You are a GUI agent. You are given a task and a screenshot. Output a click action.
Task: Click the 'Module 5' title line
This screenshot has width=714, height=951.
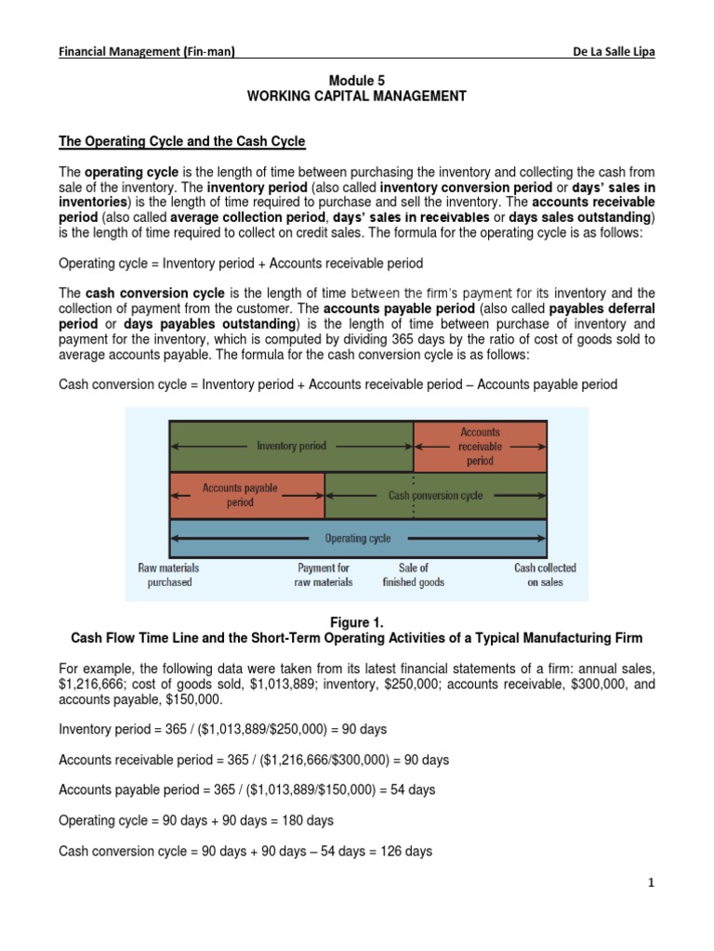[x=357, y=81]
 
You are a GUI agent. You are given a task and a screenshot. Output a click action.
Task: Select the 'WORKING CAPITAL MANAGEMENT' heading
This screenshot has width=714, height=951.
[x=357, y=96]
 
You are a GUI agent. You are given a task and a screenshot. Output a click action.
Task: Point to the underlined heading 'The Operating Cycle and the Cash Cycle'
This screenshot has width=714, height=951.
[x=182, y=141]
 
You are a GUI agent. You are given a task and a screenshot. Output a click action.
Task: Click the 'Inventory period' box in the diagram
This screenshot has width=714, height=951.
[x=291, y=446]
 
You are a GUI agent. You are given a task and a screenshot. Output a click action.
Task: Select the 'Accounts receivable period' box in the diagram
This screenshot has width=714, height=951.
[x=480, y=446]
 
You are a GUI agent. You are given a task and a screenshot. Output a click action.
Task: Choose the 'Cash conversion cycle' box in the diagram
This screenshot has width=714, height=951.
[x=435, y=496]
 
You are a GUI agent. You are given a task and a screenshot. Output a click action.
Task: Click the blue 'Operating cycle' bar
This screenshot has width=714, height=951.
[x=357, y=538]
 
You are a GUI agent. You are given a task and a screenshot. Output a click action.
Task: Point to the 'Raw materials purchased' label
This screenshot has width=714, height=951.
[x=168, y=575]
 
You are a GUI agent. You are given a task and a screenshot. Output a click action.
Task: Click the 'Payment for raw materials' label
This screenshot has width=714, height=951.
[x=324, y=575]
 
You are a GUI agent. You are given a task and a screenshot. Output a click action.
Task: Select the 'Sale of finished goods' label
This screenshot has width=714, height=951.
[x=413, y=575]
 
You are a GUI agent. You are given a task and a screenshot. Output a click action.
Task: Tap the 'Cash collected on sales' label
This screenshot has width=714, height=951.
[x=545, y=575]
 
